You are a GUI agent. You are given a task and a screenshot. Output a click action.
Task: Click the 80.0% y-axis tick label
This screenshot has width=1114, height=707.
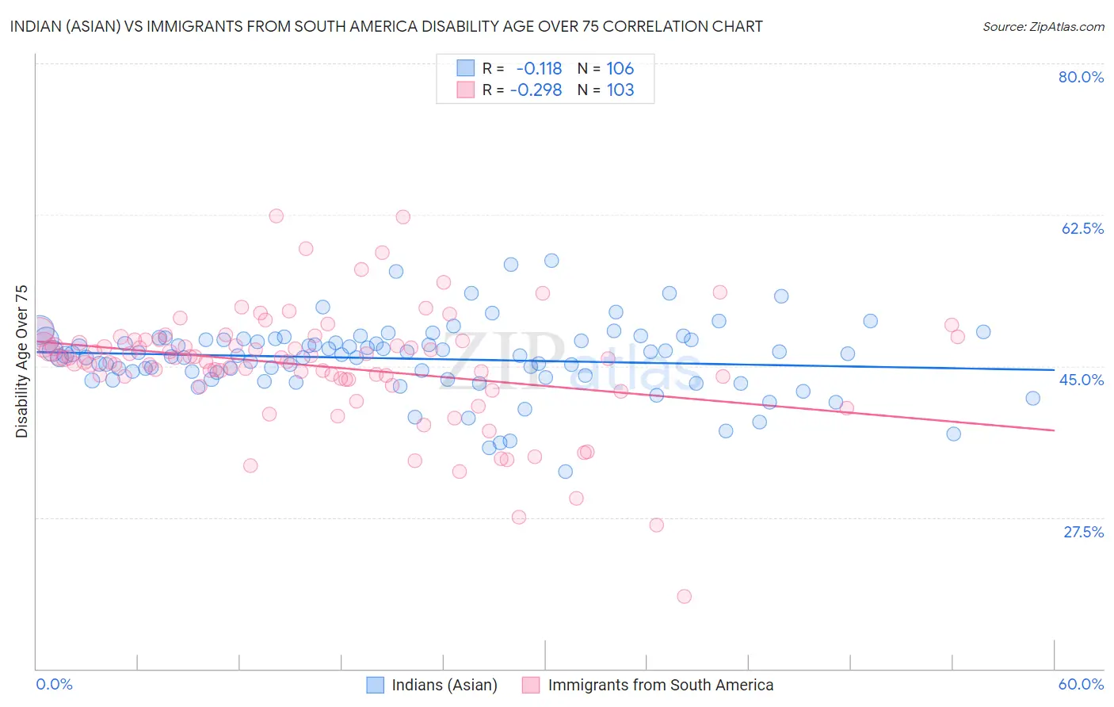point(1081,77)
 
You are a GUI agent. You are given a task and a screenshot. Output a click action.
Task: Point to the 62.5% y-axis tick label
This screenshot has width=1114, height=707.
point(1082,228)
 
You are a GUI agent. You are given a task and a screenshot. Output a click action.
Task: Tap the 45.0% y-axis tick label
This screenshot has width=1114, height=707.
point(1082,380)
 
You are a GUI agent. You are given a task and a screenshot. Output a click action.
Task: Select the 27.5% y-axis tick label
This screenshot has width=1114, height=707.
point(1083,532)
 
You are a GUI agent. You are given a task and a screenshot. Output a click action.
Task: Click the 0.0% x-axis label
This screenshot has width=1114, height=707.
point(55,684)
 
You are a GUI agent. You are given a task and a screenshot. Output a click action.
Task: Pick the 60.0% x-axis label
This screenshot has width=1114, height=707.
point(1081,684)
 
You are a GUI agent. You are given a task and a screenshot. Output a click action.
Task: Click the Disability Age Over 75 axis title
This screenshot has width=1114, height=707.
point(21,361)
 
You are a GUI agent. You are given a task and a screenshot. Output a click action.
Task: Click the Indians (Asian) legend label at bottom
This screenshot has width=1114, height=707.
point(444,685)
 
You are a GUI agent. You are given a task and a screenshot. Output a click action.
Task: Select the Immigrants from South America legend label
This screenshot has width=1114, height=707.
point(660,685)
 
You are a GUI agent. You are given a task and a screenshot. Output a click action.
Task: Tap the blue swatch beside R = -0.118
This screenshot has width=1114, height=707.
point(465,68)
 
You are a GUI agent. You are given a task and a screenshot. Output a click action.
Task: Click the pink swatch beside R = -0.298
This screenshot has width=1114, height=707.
point(465,90)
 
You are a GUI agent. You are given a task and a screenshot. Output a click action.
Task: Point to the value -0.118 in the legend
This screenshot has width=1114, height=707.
point(539,68)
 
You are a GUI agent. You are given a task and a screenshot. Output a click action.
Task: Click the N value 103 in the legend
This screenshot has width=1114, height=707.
point(620,90)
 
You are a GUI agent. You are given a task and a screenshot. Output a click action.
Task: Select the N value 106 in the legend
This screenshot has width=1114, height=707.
point(620,68)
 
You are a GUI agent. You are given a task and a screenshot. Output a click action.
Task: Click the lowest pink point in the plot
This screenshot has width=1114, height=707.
point(684,596)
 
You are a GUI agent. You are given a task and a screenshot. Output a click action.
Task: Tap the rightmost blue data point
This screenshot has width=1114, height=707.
point(1032,398)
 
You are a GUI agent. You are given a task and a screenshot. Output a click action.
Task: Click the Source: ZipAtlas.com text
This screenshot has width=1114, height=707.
point(1043,26)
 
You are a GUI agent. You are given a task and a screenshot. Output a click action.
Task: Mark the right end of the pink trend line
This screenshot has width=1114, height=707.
point(1054,430)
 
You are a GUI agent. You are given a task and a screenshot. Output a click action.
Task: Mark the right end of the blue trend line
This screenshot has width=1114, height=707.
point(1054,369)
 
